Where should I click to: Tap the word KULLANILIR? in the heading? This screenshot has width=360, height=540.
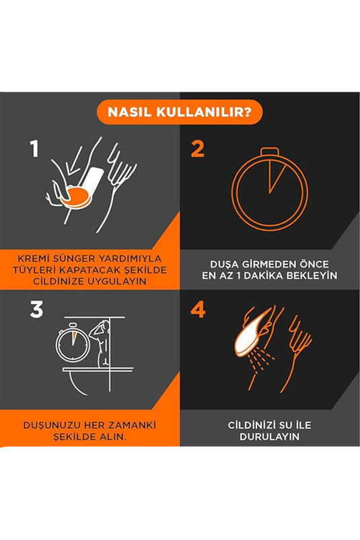[x=204, y=112]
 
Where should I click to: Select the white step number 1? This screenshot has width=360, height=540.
[x=34, y=149]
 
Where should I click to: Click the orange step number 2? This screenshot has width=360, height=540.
[x=198, y=149]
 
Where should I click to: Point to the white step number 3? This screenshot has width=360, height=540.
[x=36, y=309]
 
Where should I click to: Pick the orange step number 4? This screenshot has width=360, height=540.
[x=198, y=309]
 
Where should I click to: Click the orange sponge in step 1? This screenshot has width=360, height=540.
[x=77, y=197]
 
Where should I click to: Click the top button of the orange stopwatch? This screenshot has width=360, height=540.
[x=269, y=151]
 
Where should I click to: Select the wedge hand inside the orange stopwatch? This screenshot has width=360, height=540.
[x=276, y=176]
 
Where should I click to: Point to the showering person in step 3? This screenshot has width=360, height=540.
[x=100, y=344]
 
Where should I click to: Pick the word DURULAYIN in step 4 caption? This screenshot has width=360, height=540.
[x=269, y=436]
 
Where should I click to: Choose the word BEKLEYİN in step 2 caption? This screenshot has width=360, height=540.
[x=315, y=276]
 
